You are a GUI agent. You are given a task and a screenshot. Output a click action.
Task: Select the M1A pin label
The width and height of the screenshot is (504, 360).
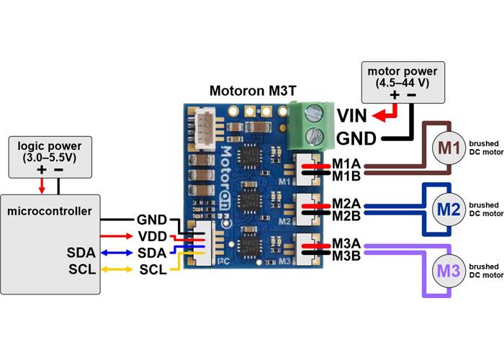click(x=346, y=165)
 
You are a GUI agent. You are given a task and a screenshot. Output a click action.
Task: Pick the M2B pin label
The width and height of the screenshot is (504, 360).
click(x=346, y=215)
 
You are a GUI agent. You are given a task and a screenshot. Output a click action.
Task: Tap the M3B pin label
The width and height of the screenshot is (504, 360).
click(x=346, y=257)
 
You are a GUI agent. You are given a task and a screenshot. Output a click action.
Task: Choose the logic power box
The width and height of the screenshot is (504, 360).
click(x=50, y=158)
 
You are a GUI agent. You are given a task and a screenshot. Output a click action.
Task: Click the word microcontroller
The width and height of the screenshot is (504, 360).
click(x=49, y=211)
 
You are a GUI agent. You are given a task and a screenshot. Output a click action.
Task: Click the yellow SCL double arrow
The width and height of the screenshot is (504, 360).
click(x=115, y=269)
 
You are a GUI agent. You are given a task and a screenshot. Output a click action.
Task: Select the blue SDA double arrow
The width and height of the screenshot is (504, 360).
click(x=115, y=252)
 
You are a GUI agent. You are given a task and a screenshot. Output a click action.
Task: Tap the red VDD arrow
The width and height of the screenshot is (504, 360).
click(x=115, y=235)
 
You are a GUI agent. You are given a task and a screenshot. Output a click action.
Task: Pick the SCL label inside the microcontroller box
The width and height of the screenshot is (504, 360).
click(x=81, y=269)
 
